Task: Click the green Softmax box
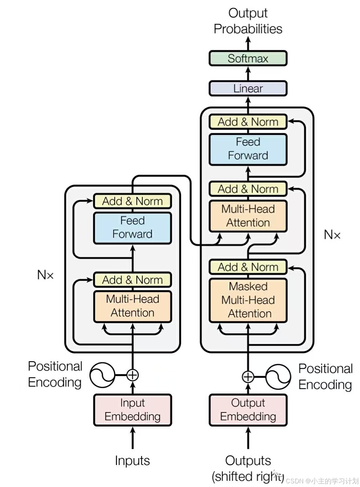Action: (248, 58)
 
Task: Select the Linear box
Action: (248, 89)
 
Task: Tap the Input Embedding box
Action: (132, 410)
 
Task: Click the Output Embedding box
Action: (248, 410)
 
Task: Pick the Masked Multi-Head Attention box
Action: (248, 300)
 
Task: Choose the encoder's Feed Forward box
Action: (132, 227)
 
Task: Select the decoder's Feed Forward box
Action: (248, 149)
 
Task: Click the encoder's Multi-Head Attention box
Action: (132, 306)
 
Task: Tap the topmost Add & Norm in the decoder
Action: (248, 122)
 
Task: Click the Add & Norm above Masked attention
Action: (248, 267)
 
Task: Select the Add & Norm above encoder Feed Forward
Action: (132, 201)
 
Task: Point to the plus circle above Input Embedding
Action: (132, 375)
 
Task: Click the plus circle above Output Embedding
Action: (248, 377)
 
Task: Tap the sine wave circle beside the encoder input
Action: (101, 375)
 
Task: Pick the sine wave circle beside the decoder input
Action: (279, 377)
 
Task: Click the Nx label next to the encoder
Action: (45, 275)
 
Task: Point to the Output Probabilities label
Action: (248, 21)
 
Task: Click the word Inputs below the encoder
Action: (132, 461)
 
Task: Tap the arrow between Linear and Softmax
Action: (248, 74)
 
